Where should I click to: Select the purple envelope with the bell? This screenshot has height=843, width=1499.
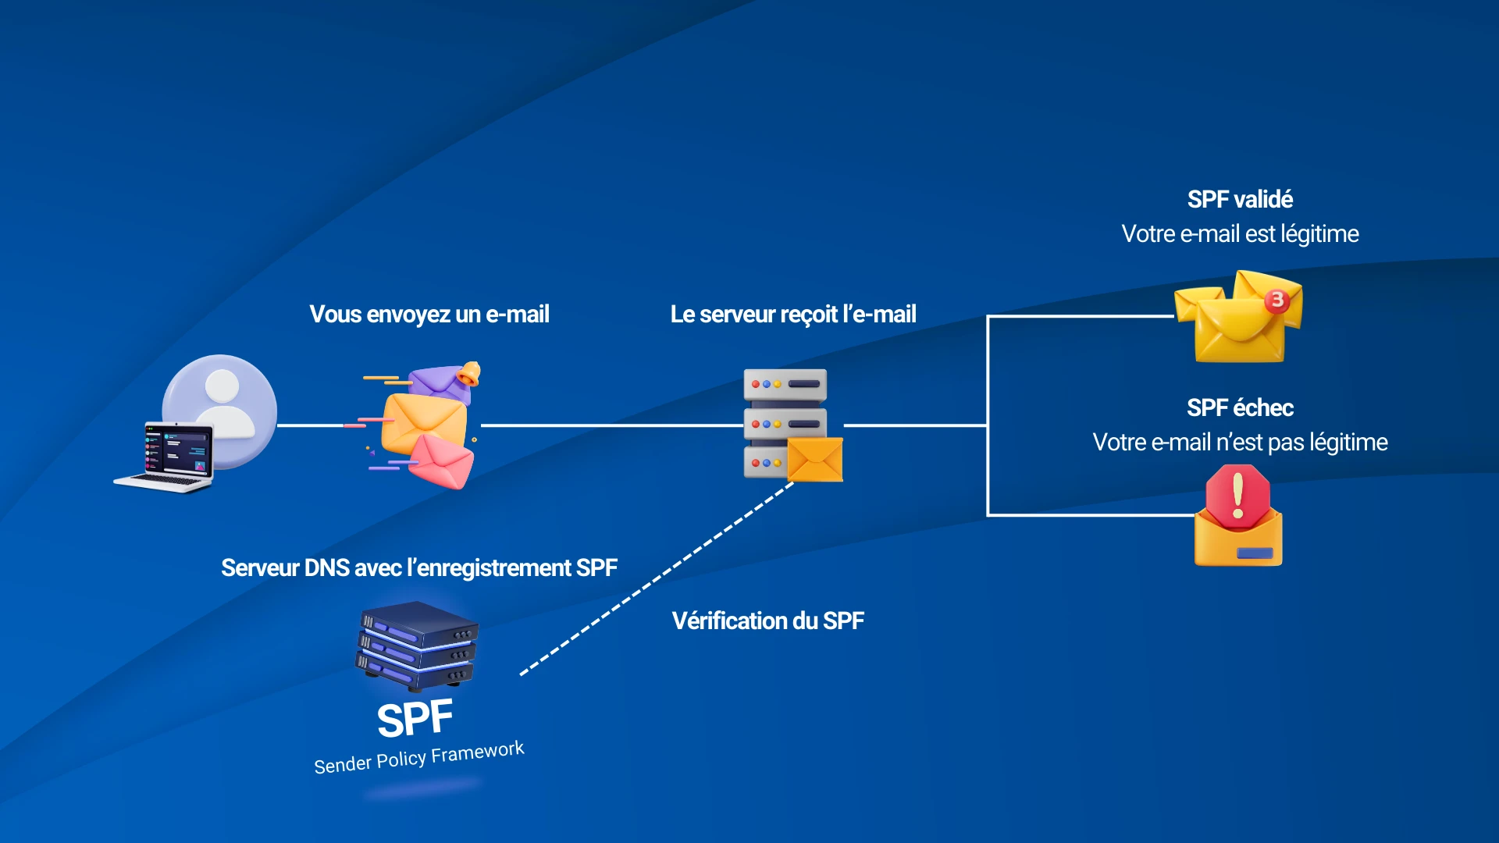point(442,381)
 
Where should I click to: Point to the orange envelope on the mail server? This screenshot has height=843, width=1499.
point(814,460)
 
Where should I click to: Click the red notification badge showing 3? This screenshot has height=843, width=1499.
point(1277,300)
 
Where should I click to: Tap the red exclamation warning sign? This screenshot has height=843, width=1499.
point(1237,496)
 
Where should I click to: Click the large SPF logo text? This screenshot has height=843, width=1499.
point(415,719)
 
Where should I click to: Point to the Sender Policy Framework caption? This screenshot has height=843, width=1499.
point(419,757)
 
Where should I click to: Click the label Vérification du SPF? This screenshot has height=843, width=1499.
point(767,621)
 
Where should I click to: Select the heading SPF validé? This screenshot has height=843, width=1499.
point(1240,200)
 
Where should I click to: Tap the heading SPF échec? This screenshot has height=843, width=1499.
point(1240,407)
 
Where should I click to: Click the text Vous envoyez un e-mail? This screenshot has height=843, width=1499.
point(429,315)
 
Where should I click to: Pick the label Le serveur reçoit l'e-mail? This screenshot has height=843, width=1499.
point(793,315)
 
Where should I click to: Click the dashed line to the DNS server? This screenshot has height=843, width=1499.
point(656,578)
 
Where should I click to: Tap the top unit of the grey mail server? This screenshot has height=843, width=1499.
point(785,384)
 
